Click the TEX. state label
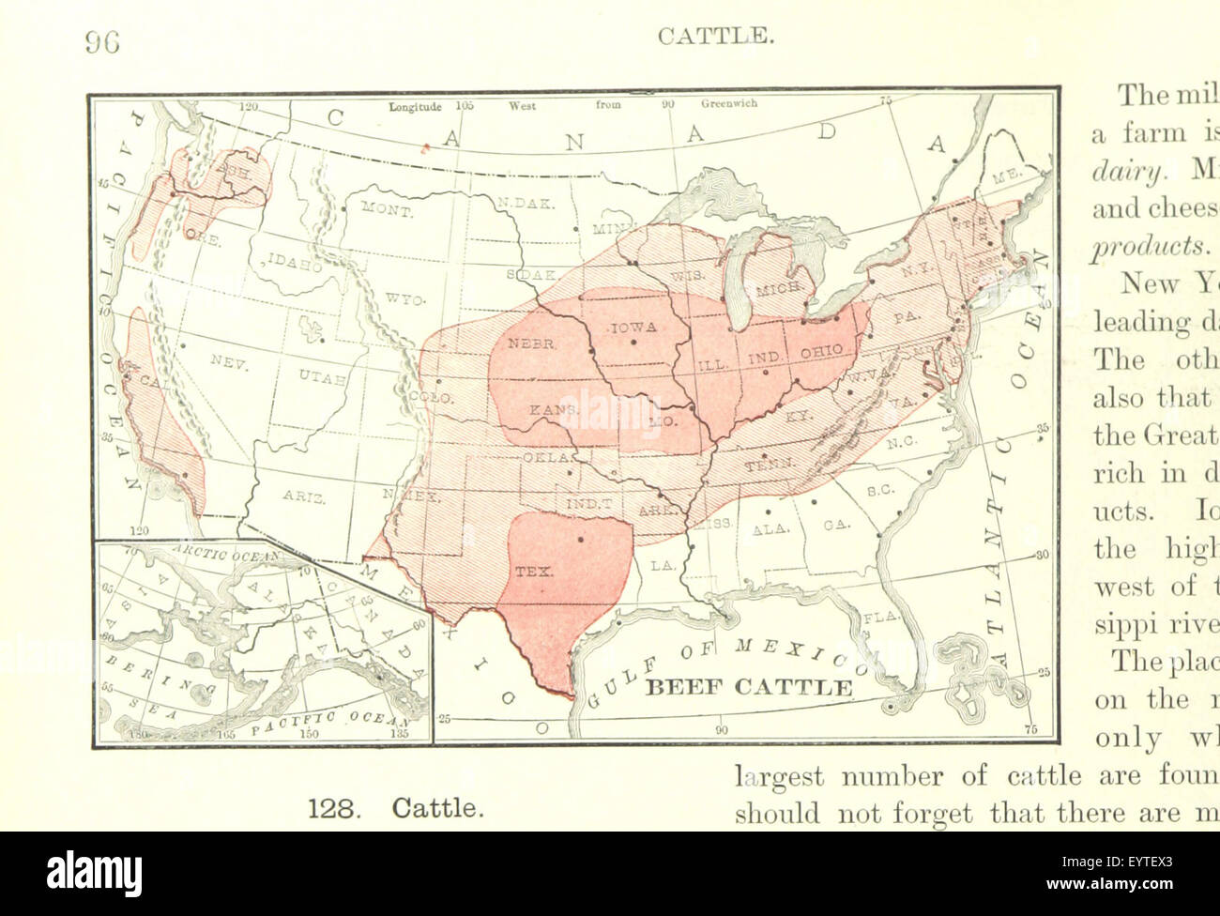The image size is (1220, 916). [535, 571]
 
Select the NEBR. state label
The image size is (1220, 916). [532, 343]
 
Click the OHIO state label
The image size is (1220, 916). [822, 353]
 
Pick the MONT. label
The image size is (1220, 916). [387, 212]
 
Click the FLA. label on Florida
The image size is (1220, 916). [883, 618]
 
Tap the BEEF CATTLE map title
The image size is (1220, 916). [750, 687]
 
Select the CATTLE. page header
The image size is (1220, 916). [716, 37]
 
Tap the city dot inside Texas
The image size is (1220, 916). [580, 539]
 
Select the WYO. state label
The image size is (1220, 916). [405, 299]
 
